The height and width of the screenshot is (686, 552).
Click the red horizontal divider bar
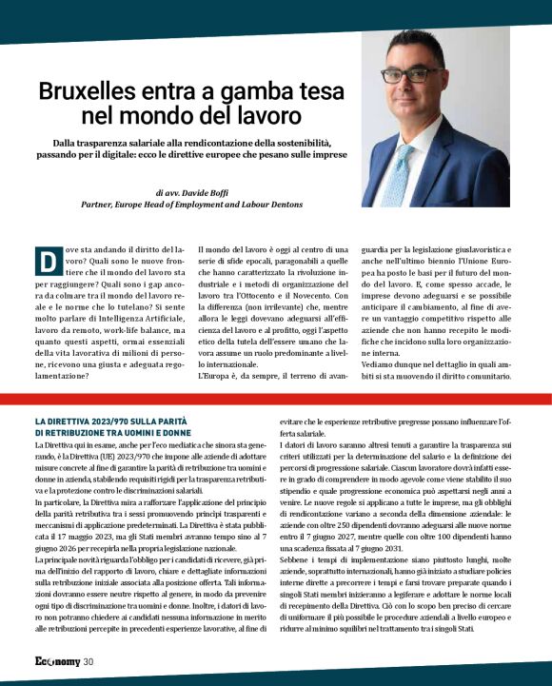pyautogui.click(x=276, y=399)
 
